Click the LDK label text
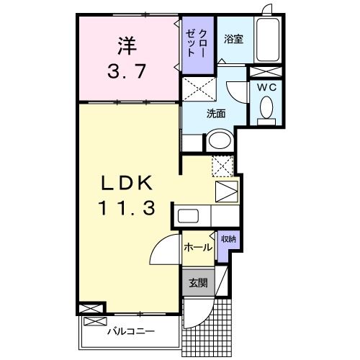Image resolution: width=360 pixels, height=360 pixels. [128, 182]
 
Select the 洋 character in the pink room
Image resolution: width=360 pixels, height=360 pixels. [127, 45]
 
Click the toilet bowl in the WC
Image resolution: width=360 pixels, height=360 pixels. [266, 109]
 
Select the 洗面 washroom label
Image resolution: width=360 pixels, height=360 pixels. [216, 112]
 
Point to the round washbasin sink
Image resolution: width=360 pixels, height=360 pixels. [219, 141]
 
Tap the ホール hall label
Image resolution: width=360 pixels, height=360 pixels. [197, 247]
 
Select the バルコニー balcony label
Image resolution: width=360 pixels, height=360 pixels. [131, 332]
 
